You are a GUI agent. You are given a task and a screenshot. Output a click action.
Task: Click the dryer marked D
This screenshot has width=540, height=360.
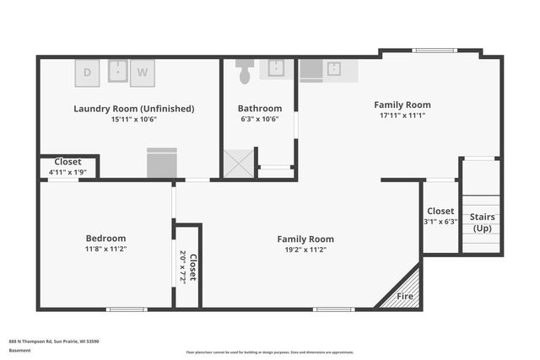click(x=89, y=73)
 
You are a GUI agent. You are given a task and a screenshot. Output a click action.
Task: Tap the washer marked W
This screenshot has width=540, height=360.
click(x=143, y=73)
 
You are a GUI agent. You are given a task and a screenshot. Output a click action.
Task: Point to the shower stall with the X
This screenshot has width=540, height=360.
click(x=238, y=163)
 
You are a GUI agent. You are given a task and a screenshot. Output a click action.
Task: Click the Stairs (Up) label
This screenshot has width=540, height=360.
click(x=483, y=223)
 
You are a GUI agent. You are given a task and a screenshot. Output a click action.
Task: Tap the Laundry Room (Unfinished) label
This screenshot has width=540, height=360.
click(x=133, y=108)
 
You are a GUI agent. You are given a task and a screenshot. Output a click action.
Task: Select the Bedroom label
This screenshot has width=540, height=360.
click(x=105, y=238)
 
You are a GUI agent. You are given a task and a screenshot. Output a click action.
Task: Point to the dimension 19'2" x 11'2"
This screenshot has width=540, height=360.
click(x=305, y=250)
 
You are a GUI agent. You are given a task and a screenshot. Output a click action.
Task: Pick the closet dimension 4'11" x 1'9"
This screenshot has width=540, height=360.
click(x=67, y=172)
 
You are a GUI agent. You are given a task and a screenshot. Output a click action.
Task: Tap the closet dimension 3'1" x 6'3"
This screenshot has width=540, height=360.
click(x=440, y=222)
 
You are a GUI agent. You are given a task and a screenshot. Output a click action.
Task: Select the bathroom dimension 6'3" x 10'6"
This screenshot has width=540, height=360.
click(x=259, y=119)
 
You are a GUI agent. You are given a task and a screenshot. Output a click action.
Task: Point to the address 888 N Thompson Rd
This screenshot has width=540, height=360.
click(x=54, y=341)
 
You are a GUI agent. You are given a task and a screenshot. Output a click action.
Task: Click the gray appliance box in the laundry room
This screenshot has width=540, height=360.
click(x=161, y=163)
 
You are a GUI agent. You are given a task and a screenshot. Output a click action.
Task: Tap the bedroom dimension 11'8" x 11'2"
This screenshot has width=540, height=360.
click(x=105, y=250)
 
